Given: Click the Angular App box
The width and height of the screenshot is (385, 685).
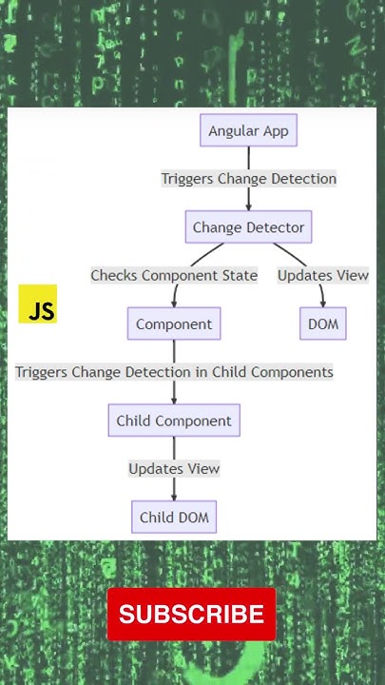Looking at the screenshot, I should (x=249, y=130).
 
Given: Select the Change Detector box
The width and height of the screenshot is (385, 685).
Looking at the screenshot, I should (x=248, y=227).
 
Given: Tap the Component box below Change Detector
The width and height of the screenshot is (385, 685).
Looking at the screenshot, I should (x=174, y=323).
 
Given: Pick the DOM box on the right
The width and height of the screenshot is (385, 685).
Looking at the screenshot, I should (x=323, y=323).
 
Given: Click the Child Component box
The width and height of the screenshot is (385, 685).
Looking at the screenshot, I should (x=174, y=421).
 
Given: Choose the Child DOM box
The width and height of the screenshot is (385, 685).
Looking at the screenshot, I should (x=174, y=518).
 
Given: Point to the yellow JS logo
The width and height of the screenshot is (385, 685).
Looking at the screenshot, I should (x=38, y=304).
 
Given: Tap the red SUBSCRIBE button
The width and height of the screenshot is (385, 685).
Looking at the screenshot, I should (x=191, y=615).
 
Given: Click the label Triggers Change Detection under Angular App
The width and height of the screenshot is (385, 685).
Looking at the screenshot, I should (x=248, y=179).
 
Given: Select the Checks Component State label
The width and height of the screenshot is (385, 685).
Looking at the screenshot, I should (x=174, y=276).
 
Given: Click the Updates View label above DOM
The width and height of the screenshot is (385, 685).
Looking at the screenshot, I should (x=323, y=276).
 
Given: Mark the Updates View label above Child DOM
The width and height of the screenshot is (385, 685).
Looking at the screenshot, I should (x=174, y=468).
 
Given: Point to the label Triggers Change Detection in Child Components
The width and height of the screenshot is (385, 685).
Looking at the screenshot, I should (x=174, y=372).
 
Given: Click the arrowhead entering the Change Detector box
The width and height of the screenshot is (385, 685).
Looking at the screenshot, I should (x=248, y=206).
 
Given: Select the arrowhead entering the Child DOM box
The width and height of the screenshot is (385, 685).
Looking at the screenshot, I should (x=174, y=497).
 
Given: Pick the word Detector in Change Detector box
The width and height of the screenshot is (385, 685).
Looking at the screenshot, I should (x=276, y=227).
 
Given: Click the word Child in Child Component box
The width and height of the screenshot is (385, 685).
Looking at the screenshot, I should (x=134, y=421).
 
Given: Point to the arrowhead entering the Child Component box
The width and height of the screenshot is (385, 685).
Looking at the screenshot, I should (x=174, y=400).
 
